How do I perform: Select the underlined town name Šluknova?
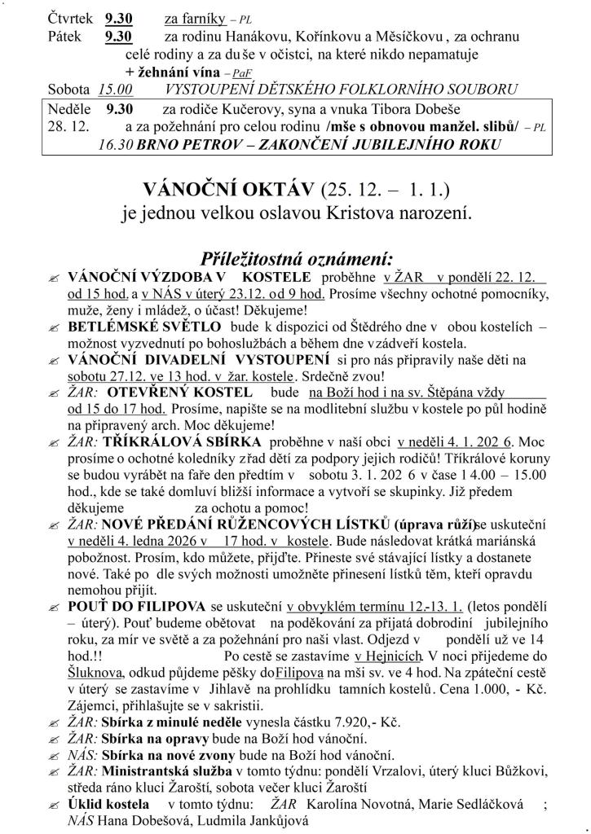click(95, 674)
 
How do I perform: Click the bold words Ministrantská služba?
click(165, 770)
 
